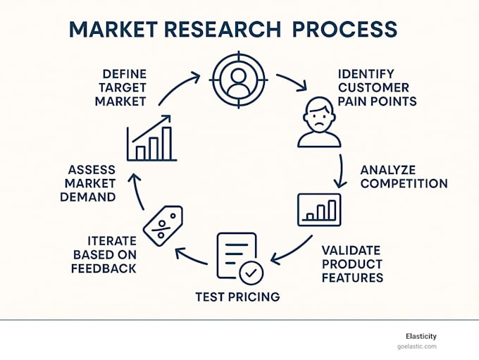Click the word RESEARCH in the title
pyautogui.click(x=223, y=30)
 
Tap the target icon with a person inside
pyautogui.click(x=239, y=80)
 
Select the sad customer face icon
pyautogui.click(x=319, y=123)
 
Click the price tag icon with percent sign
pyautogui.click(x=163, y=226)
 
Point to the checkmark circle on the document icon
pyautogui.click(x=251, y=273)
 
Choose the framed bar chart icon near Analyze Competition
pyautogui.click(x=319, y=210)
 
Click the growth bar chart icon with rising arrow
pyautogui.click(x=152, y=138)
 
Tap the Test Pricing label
pyautogui.click(x=237, y=297)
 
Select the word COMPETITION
pyautogui.click(x=404, y=183)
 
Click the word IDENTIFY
pyautogui.click(x=366, y=74)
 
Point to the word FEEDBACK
pyautogui.click(x=104, y=268)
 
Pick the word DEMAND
pyautogui.click(x=88, y=197)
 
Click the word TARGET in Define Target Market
pyautogui.click(x=123, y=87)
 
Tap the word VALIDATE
pyautogui.click(x=351, y=250)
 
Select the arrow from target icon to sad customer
pyautogui.click(x=292, y=80)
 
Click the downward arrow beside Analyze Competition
pyautogui.click(x=341, y=171)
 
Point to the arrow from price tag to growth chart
pyautogui.click(x=137, y=191)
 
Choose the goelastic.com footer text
pyautogui.click(x=417, y=347)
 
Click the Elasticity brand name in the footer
pyautogui.click(x=421, y=337)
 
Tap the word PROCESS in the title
pyautogui.click(x=345, y=30)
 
